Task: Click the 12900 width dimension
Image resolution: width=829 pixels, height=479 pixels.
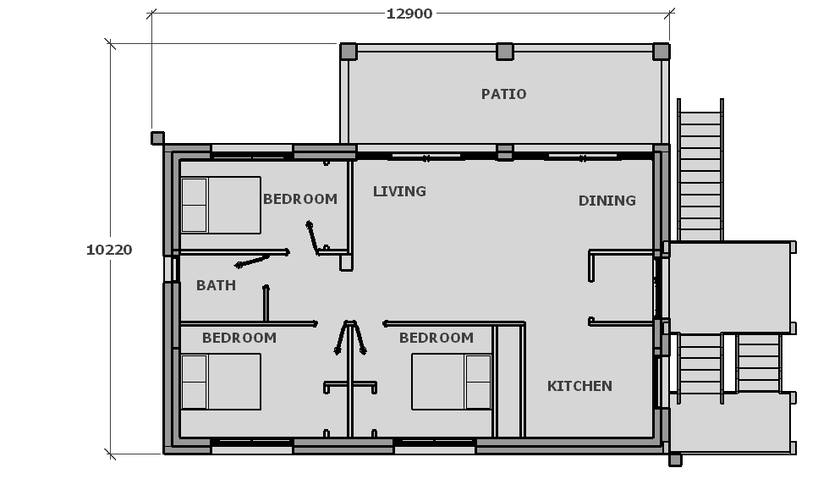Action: click(x=409, y=14)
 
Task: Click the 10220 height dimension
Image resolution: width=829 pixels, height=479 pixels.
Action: click(x=109, y=250)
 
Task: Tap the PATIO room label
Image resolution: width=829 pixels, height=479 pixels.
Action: click(x=504, y=94)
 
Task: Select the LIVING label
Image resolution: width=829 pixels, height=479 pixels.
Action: click(x=399, y=191)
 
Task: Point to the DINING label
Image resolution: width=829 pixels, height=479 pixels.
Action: click(x=607, y=201)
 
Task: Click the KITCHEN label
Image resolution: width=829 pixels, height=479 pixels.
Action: click(x=579, y=386)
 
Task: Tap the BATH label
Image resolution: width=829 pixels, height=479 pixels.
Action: click(x=216, y=285)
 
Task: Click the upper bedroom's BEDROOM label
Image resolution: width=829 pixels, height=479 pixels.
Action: click(x=300, y=200)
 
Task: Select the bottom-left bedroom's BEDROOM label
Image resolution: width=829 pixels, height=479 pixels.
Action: click(x=239, y=338)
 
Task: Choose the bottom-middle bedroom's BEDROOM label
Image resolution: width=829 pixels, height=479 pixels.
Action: click(x=436, y=338)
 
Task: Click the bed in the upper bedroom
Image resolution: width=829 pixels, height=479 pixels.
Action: click(x=221, y=205)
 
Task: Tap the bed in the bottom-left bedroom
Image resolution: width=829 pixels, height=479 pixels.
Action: click(x=221, y=382)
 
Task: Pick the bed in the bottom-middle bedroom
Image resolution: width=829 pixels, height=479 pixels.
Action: click(x=452, y=382)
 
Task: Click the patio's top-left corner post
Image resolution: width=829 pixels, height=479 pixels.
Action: click(x=349, y=52)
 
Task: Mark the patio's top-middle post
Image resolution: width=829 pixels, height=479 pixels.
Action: click(x=505, y=52)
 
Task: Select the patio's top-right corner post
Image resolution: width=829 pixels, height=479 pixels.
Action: click(x=661, y=52)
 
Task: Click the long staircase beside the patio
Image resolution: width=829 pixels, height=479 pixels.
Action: click(x=700, y=170)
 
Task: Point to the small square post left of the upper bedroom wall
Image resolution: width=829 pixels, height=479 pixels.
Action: click(x=157, y=139)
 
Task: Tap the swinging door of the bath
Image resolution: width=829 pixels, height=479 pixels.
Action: click(x=252, y=262)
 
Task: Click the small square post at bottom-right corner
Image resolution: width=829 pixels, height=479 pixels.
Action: click(x=675, y=460)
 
